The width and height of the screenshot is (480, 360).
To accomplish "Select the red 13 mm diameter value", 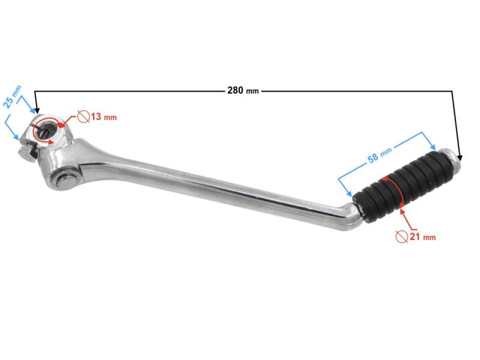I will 103,117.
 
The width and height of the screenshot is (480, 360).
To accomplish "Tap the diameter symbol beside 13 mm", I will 83,117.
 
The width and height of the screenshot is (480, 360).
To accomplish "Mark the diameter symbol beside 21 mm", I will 401,236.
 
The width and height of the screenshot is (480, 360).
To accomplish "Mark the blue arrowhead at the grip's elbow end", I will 349,193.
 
